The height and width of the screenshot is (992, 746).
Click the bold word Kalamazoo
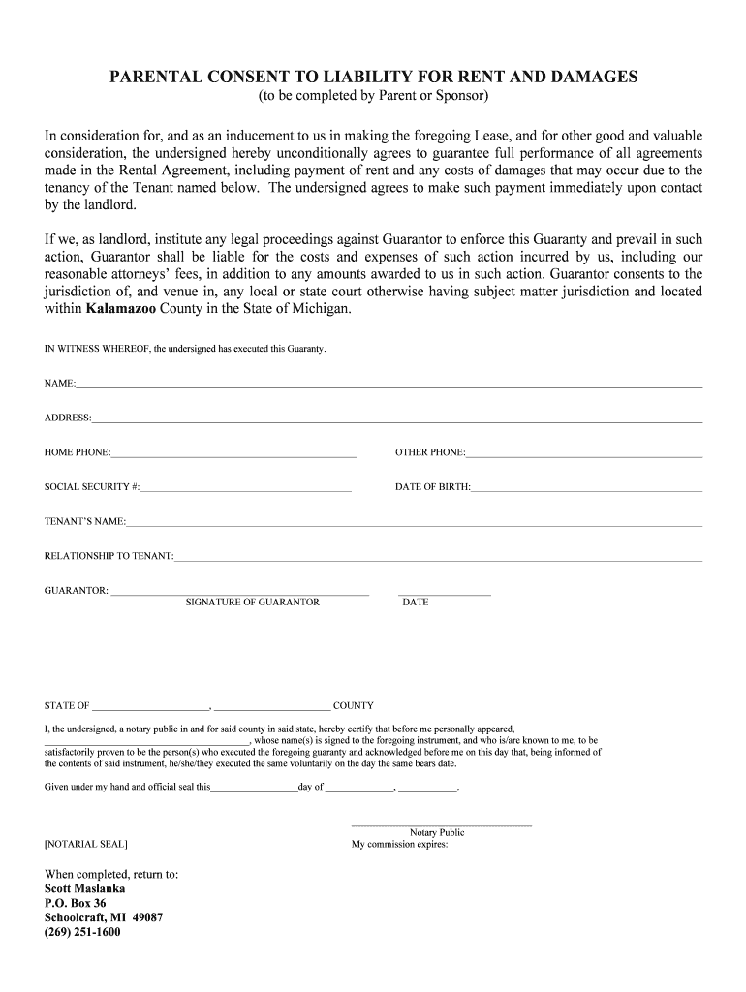click(x=127, y=309)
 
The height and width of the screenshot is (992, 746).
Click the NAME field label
click(x=60, y=384)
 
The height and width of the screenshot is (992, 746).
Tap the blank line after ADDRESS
click(x=397, y=420)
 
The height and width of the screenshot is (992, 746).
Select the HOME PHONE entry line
click(x=233, y=454)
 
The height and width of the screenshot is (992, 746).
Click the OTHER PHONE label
click(x=430, y=452)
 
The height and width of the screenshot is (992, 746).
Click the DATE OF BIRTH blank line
click(x=586, y=489)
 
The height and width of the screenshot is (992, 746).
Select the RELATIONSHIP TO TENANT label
click(x=109, y=556)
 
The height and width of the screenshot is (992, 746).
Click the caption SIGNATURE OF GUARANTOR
click(x=252, y=603)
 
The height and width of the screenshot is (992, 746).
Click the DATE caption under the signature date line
click(x=416, y=603)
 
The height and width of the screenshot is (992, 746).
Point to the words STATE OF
click(x=67, y=706)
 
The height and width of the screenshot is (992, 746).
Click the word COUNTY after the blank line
click(x=353, y=706)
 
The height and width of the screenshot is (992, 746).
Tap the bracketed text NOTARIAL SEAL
click(x=85, y=844)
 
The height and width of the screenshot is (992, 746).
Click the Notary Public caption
click(x=437, y=832)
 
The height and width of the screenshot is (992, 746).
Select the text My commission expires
click(x=399, y=844)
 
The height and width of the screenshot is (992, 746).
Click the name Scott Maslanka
click(x=85, y=888)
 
